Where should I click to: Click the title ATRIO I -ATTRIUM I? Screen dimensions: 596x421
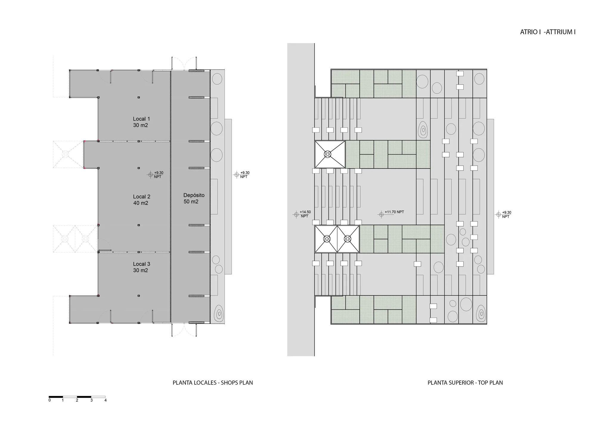coord(548,32)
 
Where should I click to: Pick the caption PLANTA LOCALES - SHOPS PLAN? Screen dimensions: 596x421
coord(213,383)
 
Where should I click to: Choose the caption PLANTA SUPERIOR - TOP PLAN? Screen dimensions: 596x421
coord(465,383)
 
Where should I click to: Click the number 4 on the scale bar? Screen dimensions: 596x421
coord(105,400)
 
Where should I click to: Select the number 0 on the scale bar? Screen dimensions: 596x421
coord(49,400)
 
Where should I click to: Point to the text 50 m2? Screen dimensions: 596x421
coord(191,202)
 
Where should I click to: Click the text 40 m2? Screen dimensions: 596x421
coord(141,203)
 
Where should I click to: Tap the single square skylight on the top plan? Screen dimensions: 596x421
coord(330,155)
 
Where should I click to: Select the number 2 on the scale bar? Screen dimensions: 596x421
coord(77,400)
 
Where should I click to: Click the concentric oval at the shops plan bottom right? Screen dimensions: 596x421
coord(219,314)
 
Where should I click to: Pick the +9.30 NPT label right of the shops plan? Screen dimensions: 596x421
coord(242,174)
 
